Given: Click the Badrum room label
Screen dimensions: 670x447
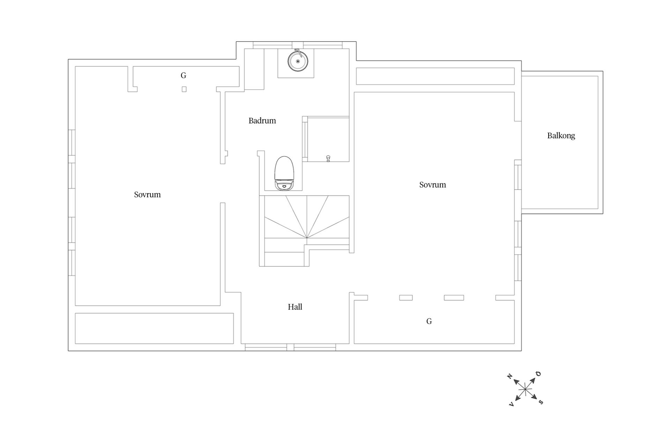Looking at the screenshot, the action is [262, 121].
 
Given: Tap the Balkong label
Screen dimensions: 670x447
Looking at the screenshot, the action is [561, 136].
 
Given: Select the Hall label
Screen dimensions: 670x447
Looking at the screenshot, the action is [295, 307].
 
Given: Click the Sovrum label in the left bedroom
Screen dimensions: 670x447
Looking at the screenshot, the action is [147, 195].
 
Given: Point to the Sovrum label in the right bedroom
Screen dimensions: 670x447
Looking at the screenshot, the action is [433, 185].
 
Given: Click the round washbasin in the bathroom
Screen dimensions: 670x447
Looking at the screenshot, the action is [298, 61].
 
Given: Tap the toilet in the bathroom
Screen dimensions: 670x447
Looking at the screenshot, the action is [284, 173].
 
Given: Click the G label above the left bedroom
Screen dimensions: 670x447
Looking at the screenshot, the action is [184, 75].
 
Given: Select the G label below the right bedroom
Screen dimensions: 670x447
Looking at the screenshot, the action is [429, 321].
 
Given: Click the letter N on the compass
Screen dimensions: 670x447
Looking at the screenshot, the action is [509, 376].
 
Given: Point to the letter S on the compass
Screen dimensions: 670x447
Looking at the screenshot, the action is [541, 402].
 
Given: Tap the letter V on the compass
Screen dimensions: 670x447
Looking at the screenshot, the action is [512, 404].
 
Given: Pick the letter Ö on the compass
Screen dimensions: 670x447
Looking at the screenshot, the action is [538, 374].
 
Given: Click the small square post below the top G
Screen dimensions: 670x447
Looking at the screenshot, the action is [184, 89].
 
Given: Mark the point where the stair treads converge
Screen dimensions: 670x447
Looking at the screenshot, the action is [307, 238].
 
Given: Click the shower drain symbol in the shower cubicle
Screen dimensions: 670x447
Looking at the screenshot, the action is [328, 159].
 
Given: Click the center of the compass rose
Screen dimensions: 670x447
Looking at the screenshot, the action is [525, 389].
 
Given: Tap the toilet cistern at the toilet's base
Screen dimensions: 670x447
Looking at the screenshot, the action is [284, 185].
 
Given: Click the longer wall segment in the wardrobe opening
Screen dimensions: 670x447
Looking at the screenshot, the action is [454, 298].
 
